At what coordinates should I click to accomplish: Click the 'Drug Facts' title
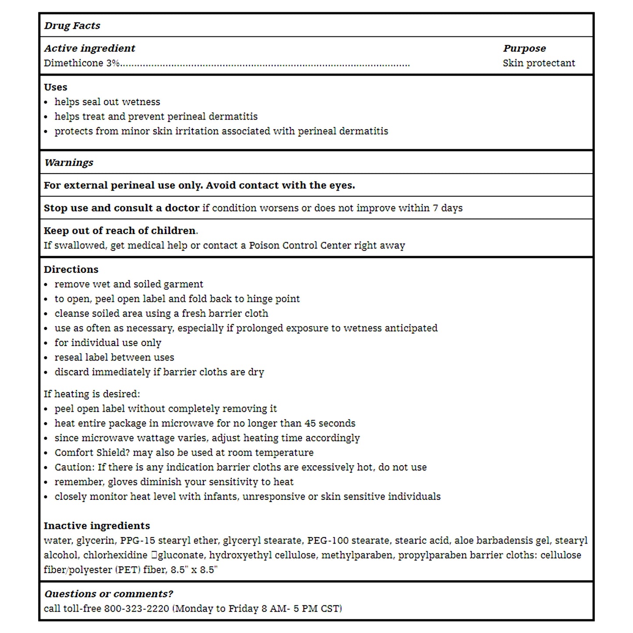(72, 26)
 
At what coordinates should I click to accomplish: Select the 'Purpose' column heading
(524, 48)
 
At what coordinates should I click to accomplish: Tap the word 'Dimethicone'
(73, 63)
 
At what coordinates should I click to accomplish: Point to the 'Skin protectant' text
(538, 63)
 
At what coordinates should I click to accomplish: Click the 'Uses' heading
(55, 87)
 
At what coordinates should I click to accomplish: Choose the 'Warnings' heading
(69, 163)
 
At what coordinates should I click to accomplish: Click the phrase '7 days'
(448, 208)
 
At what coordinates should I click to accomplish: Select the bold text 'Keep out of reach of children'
(120, 231)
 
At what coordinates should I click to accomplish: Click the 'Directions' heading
(71, 269)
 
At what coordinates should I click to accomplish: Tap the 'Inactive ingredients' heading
(97, 526)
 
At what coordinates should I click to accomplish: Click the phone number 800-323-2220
(136, 608)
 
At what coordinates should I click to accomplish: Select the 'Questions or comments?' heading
(109, 594)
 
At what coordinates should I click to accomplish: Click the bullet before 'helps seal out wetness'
(46, 103)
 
